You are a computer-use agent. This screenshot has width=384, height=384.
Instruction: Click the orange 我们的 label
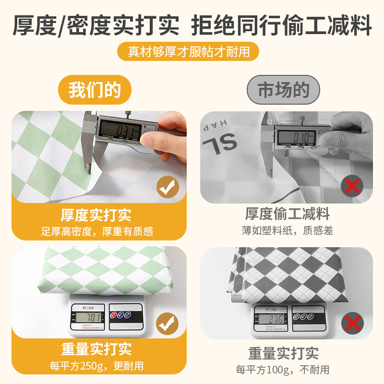click(95, 90)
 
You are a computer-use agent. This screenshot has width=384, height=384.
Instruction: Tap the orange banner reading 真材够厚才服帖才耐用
click(189, 51)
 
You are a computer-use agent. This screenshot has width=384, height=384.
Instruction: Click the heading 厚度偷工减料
click(287, 214)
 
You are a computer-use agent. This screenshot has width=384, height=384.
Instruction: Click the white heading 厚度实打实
click(96, 215)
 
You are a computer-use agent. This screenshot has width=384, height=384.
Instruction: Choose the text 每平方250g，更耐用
click(96, 366)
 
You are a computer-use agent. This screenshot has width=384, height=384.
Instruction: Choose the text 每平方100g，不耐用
click(283, 370)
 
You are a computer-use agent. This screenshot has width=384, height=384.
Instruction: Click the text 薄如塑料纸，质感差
click(287, 230)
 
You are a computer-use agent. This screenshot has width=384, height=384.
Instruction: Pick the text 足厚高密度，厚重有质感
click(96, 231)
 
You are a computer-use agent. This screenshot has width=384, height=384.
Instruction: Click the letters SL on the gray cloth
click(220, 142)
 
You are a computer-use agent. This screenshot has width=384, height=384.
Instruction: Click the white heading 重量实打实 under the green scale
click(96, 348)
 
